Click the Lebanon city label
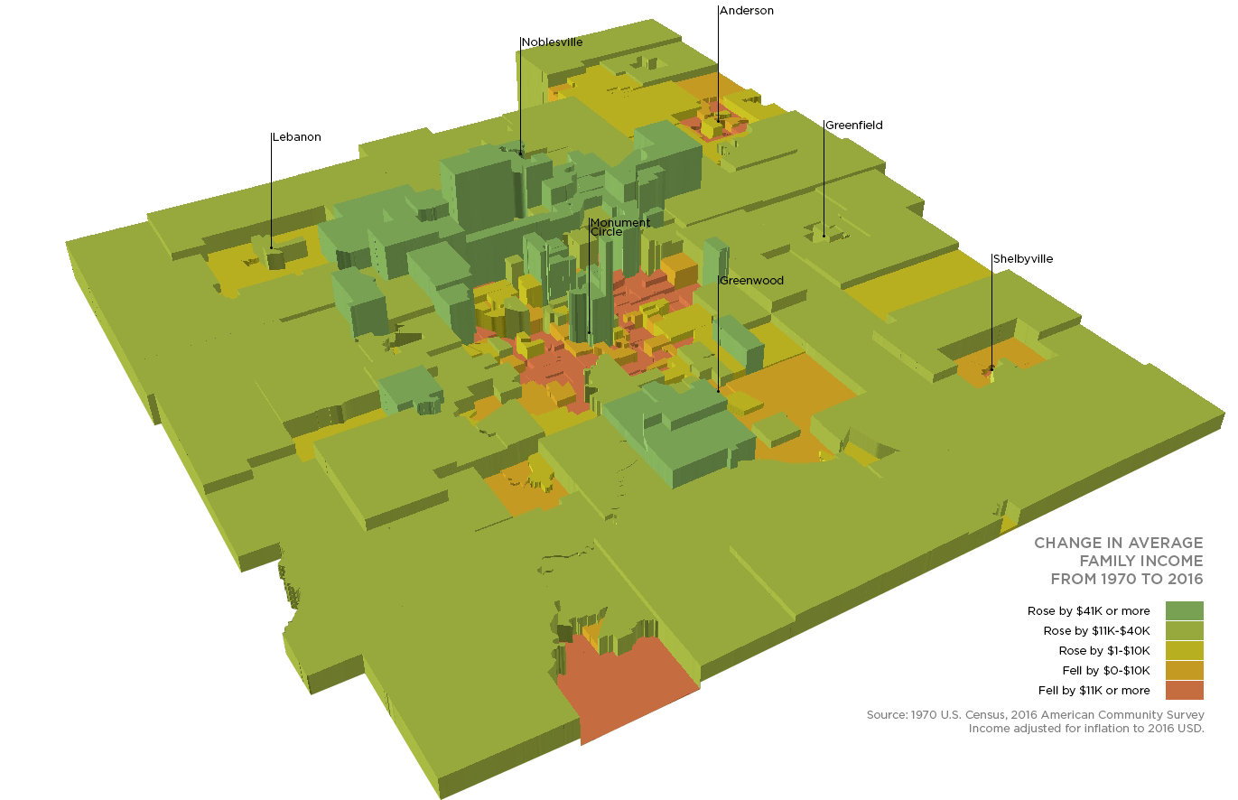[296, 137]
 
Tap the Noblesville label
[552, 42]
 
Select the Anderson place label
[747, 11]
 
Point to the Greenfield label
[853, 126]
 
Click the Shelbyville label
[1023, 259]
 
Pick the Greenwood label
[751, 281]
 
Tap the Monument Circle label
[619, 228]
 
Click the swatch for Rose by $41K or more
[1184, 611]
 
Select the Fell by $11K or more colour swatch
[1184, 691]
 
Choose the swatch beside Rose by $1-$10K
[1184, 651]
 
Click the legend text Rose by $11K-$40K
[1096, 631]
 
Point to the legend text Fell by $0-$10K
[1106, 671]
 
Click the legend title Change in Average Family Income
[1118, 561]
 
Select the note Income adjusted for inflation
[1086, 728]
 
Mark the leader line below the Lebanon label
[272, 194]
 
